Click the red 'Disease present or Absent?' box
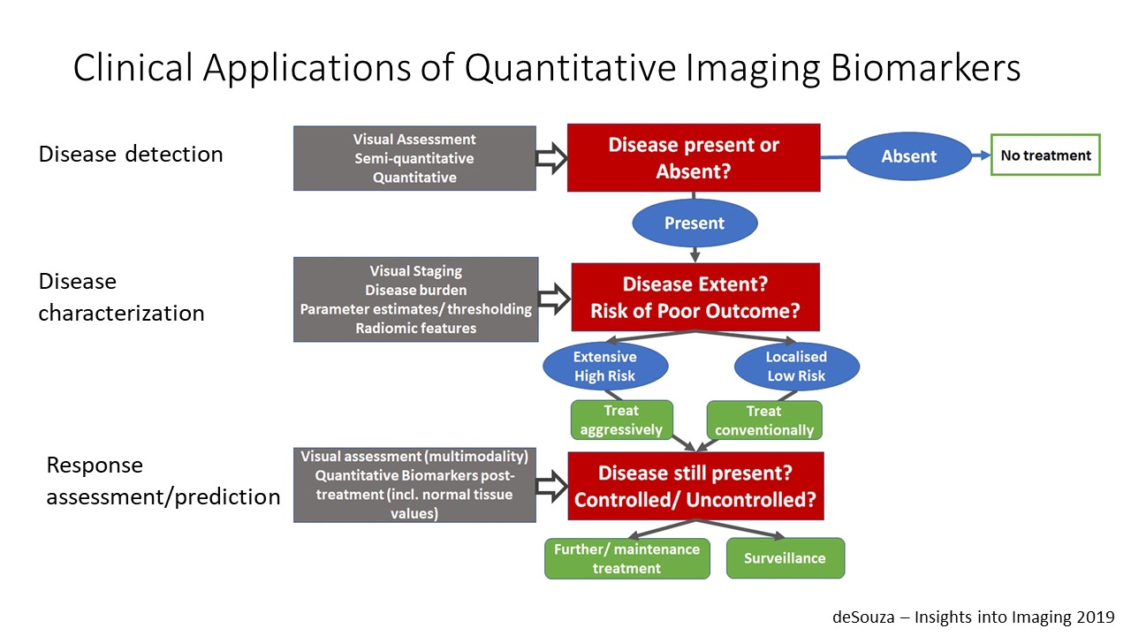pos(694,157)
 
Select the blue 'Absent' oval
pos(908,156)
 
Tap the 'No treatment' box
pos(1045,155)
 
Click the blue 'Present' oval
pos(695,223)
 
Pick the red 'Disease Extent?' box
pos(695,297)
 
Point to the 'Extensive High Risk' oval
pos(605,367)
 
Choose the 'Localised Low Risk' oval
pos(796,367)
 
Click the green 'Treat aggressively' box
pos(621,420)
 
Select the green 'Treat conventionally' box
pos(764,420)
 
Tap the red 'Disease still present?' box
pos(695,486)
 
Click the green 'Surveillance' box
pos(785,558)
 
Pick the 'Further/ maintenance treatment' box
pos(626,558)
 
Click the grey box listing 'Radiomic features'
pos(416,299)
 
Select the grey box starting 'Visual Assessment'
pos(414,158)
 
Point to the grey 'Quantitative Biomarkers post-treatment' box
pos(414,485)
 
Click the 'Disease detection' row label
pos(131,155)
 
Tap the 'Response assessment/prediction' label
pos(163,481)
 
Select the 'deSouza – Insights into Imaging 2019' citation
pos(974,617)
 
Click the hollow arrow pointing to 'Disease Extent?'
pos(554,299)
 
